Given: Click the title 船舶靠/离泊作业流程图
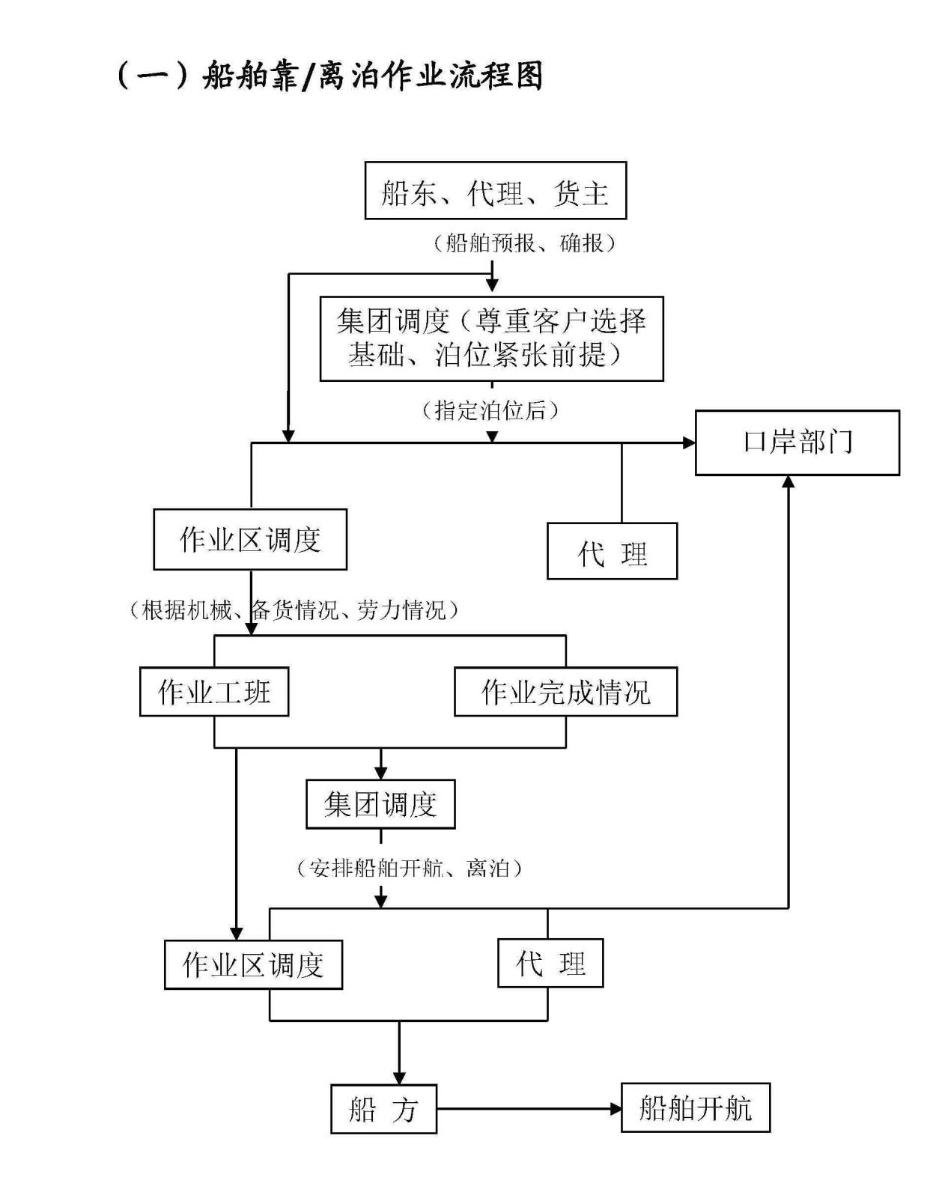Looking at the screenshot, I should (x=329, y=76).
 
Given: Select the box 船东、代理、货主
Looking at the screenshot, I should (x=495, y=191).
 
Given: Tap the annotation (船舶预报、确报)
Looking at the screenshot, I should (x=525, y=243).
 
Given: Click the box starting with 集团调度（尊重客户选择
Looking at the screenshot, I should (x=491, y=338).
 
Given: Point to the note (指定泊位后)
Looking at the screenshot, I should (x=491, y=410).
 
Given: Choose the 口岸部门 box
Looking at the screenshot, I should (x=797, y=443).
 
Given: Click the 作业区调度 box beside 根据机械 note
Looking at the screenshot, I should (x=250, y=540).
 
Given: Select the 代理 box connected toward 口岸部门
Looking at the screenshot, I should (x=612, y=552).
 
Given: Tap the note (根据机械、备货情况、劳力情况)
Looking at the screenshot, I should (x=294, y=610).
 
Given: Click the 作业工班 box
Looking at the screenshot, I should (x=214, y=692).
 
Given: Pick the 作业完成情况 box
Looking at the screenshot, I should (x=565, y=692).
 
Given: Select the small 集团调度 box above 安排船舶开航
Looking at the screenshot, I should (x=380, y=805).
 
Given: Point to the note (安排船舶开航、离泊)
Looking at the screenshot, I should (x=409, y=869).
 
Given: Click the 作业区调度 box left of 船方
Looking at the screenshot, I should (x=253, y=965).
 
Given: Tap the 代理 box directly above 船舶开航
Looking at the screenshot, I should (x=550, y=964).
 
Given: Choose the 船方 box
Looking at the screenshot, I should (x=383, y=1109).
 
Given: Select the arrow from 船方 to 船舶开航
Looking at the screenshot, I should (x=529, y=1109).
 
